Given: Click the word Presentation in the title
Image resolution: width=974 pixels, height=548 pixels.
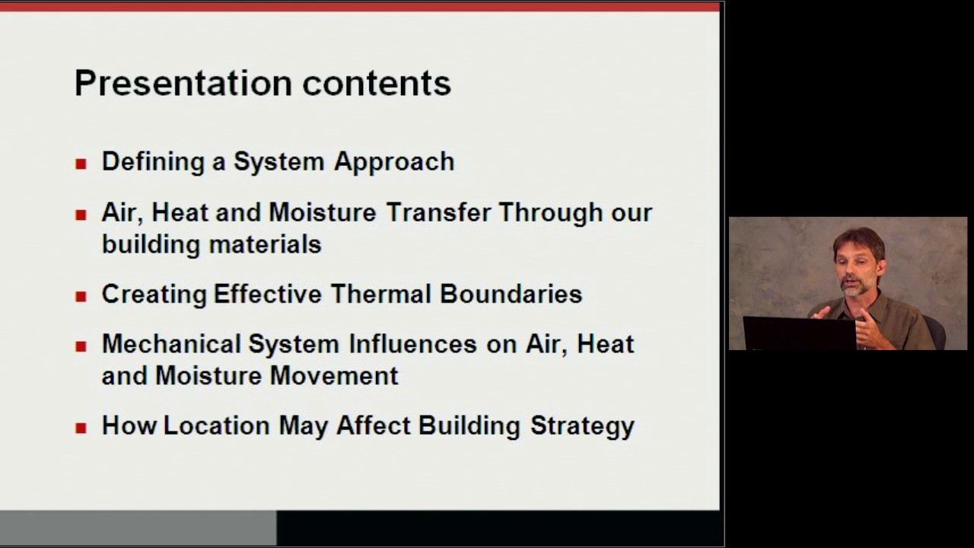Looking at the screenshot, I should coord(183,83).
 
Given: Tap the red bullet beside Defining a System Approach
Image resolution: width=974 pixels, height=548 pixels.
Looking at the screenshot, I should coord(81,163).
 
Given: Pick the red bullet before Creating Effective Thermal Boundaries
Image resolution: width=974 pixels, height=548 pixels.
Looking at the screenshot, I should coord(81,295).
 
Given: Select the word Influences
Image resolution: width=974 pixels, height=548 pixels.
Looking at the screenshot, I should coord(412,344).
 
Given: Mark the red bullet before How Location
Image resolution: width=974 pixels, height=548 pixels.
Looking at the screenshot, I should coord(81,427).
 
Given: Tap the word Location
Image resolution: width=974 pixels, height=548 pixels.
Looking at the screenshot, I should coord(216,425).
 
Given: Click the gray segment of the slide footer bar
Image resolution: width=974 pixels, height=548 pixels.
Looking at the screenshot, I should coord(138,527).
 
